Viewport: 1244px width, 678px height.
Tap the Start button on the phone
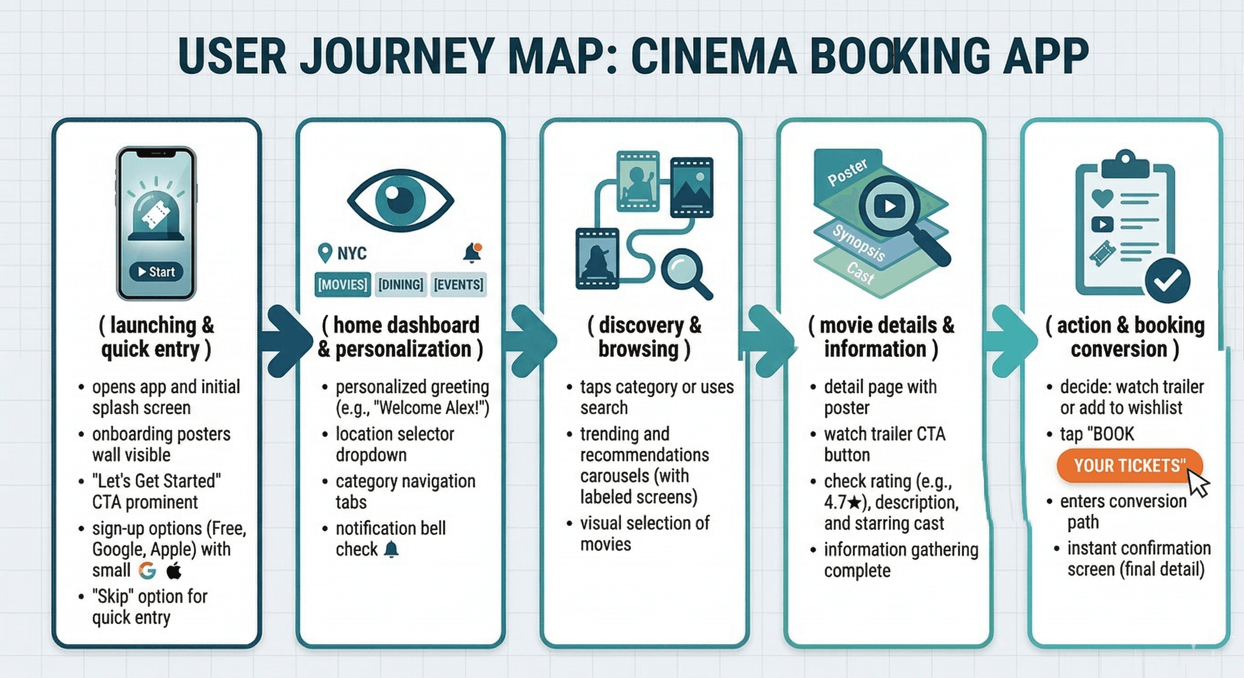pos(156,272)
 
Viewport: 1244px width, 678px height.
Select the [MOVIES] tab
pos(343,284)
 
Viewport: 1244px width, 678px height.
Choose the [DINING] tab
pos(400,284)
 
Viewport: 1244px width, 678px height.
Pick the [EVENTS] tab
pos(458,284)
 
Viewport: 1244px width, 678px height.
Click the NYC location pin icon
pos(325,252)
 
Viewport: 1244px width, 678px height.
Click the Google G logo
pos(147,570)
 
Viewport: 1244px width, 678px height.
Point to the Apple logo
pos(174,570)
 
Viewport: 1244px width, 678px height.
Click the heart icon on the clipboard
pos(1102,197)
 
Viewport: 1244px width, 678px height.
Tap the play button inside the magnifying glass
pos(890,206)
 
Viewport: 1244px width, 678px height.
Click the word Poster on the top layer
pos(847,172)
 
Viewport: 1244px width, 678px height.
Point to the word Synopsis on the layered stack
pos(858,243)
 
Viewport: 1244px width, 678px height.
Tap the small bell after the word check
pos(391,550)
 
